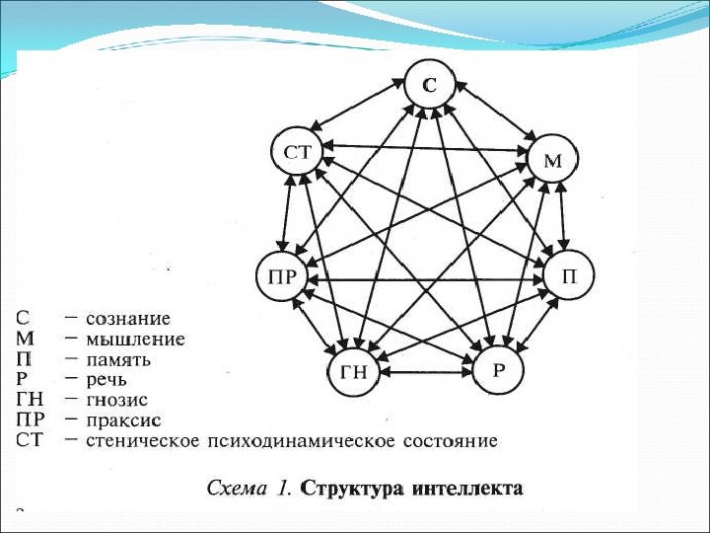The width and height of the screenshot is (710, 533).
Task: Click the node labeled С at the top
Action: (x=430, y=86)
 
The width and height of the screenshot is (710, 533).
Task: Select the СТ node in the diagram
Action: (x=297, y=152)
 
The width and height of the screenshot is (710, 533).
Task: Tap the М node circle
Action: (x=552, y=160)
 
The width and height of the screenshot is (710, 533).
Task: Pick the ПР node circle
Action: (x=282, y=275)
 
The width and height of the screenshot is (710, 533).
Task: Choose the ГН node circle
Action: (x=353, y=372)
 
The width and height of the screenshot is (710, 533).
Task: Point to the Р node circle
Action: (x=499, y=370)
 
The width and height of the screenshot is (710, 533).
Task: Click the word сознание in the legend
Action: (x=128, y=319)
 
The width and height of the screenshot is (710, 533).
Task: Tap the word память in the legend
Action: (x=118, y=359)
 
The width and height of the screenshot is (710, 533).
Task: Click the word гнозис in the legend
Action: (x=116, y=399)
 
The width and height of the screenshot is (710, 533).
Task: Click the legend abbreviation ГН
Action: (x=29, y=399)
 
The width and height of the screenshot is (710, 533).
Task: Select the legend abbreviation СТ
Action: (x=30, y=439)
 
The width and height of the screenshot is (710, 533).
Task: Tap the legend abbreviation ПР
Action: (x=30, y=419)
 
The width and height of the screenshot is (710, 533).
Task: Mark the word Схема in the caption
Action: (x=236, y=489)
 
